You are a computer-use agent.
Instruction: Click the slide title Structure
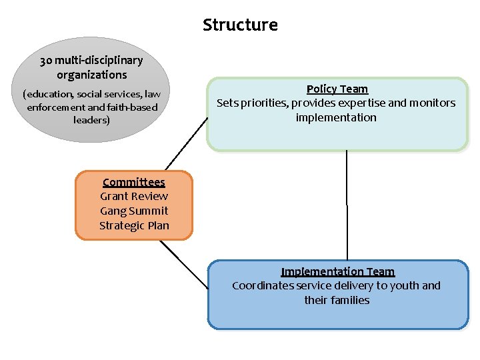point(240,25)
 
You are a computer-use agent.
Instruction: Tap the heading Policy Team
point(337,89)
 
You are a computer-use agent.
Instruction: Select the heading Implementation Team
point(337,271)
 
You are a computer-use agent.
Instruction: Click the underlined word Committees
point(134,182)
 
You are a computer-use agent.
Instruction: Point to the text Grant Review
point(134,196)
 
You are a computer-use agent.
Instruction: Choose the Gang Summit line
point(134,211)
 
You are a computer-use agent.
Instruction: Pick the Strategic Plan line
point(134,225)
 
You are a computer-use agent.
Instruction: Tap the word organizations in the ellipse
point(91,75)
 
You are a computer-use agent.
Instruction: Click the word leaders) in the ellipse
point(91,120)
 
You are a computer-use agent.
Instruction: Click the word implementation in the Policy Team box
point(336,117)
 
